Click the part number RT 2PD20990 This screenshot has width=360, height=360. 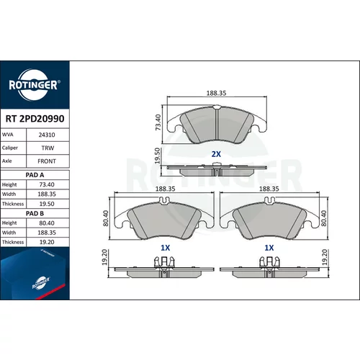tap(35, 119)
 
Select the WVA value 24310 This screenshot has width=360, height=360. tap(47, 135)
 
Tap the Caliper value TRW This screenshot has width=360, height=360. tap(48, 148)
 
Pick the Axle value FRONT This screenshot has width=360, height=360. tap(47, 161)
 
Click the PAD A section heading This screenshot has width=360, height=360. tap(35, 175)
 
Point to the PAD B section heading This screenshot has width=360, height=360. tap(35, 213)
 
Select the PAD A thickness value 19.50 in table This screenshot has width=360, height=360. tap(47, 204)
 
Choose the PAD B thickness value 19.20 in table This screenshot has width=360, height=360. tap(47, 242)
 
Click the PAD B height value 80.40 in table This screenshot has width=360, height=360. tap(47, 223)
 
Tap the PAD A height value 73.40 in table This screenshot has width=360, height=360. tap(47, 184)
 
